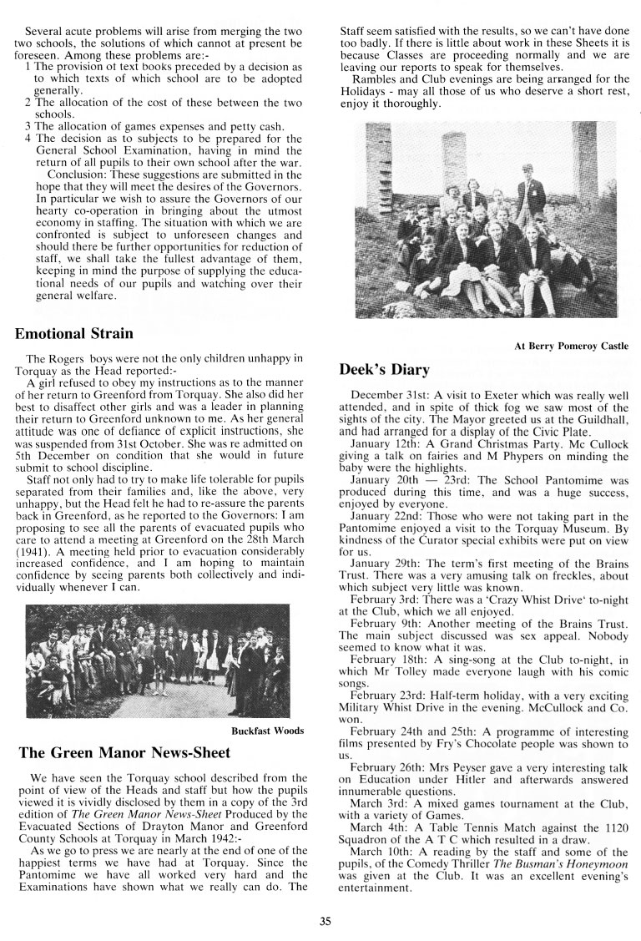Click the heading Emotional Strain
point(74,334)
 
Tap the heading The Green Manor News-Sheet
point(124,752)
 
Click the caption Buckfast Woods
point(267,731)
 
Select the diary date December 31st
point(389,394)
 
